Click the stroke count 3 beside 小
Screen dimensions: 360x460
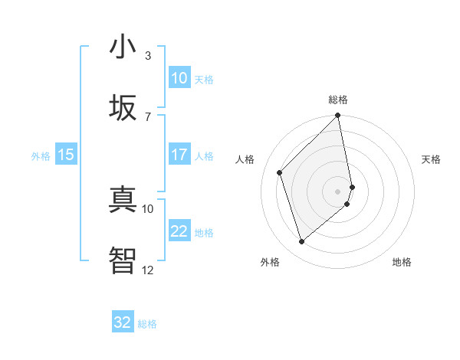[x=148, y=55]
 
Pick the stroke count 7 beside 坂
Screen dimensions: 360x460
[x=148, y=116]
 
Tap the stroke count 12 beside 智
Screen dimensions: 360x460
[x=147, y=270]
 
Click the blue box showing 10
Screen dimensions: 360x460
[x=179, y=78]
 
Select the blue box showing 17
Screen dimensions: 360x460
[x=179, y=155]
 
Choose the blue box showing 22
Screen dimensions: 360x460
[x=179, y=231]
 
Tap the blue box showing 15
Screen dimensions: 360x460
[x=66, y=155]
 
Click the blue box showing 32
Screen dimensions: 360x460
[x=123, y=322]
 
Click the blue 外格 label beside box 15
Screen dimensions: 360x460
[x=41, y=155]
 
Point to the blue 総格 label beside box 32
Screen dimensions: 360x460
[x=147, y=324]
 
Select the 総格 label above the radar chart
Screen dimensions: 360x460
[x=338, y=100]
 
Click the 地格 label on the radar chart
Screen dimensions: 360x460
[x=402, y=262]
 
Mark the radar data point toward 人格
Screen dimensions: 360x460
[x=280, y=172]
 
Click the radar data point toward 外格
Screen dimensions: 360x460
[x=302, y=242]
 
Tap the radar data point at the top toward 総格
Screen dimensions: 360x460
[x=338, y=116]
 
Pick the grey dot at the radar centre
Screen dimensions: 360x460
[x=338, y=190]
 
